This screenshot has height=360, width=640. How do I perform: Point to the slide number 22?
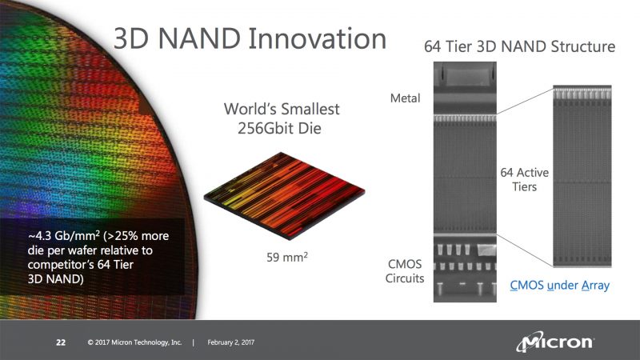60,343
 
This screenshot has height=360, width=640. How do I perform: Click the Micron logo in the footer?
555,342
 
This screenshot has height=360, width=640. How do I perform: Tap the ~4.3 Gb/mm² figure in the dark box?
56,237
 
